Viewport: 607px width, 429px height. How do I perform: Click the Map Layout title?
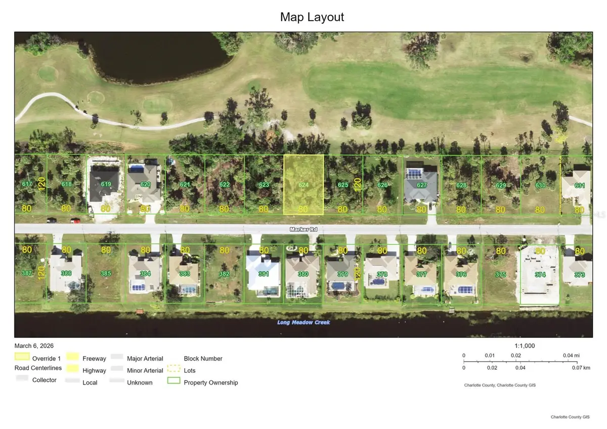click(312, 17)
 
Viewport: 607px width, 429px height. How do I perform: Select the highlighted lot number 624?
click(303, 185)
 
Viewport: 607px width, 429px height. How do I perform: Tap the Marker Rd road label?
click(303, 229)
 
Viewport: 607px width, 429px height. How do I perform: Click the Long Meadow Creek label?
click(303, 322)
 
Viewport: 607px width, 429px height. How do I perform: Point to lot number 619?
click(106, 184)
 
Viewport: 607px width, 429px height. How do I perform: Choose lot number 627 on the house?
click(421, 185)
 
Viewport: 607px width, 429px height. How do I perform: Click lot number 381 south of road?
click(264, 274)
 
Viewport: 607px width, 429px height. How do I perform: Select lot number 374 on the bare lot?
click(540, 274)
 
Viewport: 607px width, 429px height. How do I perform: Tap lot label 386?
click(66, 273)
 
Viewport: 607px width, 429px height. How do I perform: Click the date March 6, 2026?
click(34, 346)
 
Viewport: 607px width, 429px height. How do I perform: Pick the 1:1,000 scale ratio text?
click(525, 346)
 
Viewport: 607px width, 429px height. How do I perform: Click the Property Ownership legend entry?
click(210, 382)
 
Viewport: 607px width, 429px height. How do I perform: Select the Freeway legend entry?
click(94, 359)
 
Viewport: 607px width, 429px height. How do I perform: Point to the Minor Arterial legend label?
click(145, 371)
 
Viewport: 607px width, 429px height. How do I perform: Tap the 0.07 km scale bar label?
click(580, 368)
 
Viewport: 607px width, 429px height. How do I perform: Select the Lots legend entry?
click(190, 371)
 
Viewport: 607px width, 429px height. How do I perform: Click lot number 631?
click(580, 186)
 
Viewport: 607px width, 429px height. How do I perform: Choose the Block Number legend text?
click(203, 359)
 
